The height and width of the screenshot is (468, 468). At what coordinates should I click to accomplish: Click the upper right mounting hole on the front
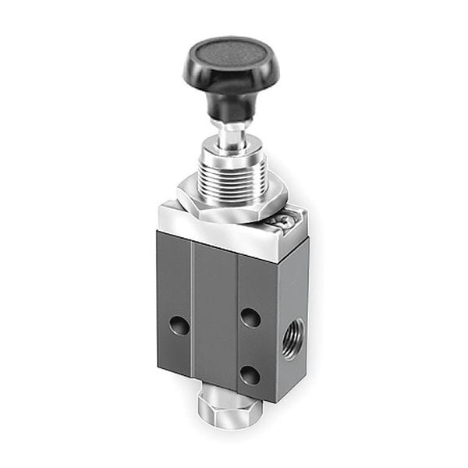(250, 317)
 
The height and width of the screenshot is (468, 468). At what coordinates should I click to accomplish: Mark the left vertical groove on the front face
(193, 312)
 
